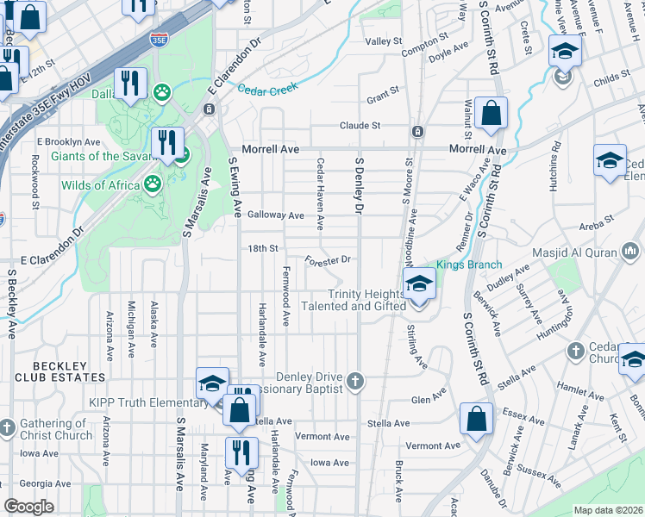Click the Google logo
(x=28, y=507)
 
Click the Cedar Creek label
(x=267, y=88)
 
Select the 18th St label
(x=262, y=248)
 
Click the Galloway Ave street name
(x=276, y=215)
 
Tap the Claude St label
(x=360, y=126)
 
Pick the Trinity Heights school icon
(x=419, y=283)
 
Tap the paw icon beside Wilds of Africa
(x=153, y=183)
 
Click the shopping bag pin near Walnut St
(x=491, y=113)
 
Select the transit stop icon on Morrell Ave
(x=417, y=132)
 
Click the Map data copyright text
(x=608, y=510)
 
